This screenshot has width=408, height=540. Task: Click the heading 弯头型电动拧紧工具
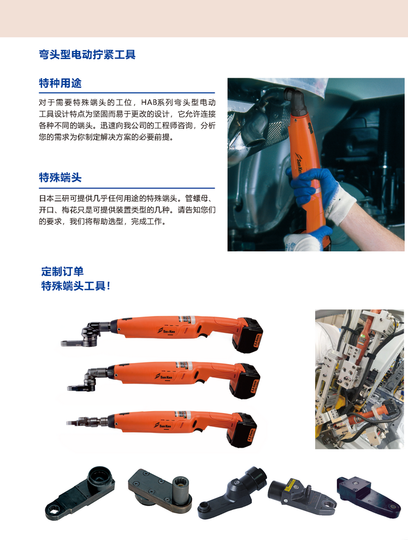tap(87, 55)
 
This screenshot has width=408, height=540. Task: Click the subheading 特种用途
tap(60, 83)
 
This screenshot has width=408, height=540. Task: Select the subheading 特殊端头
tap(60, 178)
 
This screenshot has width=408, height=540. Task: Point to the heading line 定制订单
tap(62, 272)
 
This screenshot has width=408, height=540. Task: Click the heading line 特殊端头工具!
tap(76, 286)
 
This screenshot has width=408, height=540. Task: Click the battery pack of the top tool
tap(247, 334)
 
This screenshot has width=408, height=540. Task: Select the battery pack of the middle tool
tap(245, 381)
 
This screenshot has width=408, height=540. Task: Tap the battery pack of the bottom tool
tap(242, 430)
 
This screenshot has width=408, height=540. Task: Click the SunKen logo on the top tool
tap(167, 331)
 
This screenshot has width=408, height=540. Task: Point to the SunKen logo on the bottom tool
tap(163, 426)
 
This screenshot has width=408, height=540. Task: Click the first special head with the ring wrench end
tap(80, 493)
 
